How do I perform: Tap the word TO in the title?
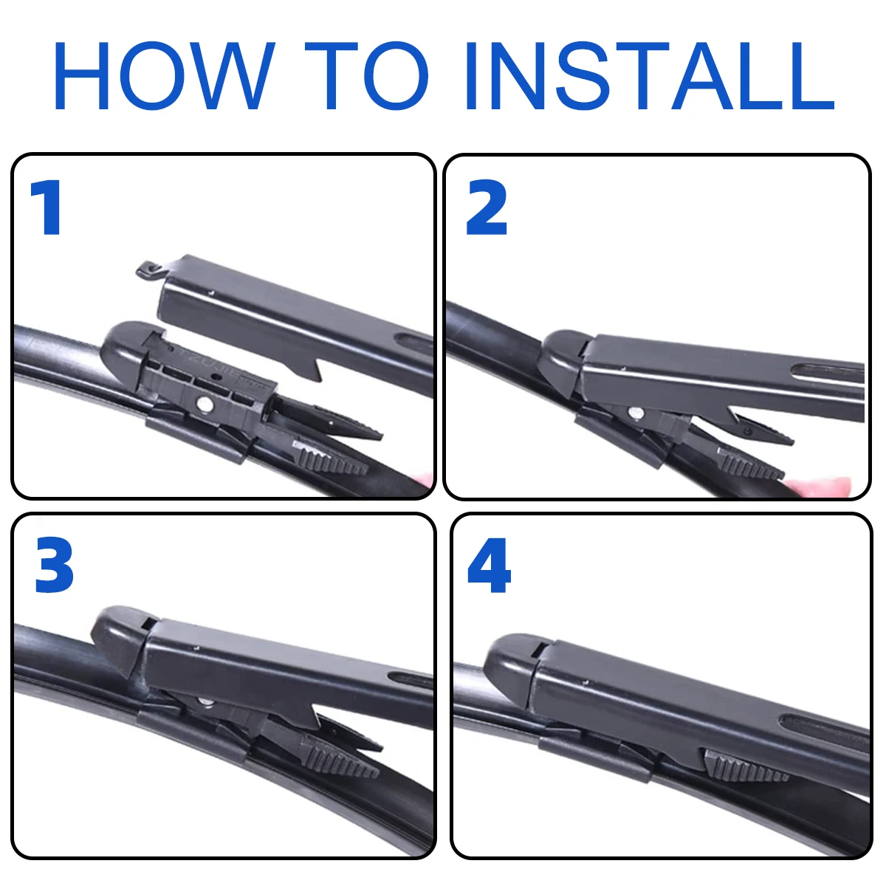click(x=367, y=76)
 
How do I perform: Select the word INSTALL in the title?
click(x=650, y=76)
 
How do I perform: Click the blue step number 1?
click(x=47, y=209)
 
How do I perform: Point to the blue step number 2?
click(x=487, y=209)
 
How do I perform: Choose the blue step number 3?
click(x=54, y=567)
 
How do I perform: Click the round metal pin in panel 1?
click(x=205, y=403)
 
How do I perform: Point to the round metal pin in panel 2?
click(x=635, y=413)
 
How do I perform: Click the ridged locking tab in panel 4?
click(x=746, y=769)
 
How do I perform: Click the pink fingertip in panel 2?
click(x=820, y=486)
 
